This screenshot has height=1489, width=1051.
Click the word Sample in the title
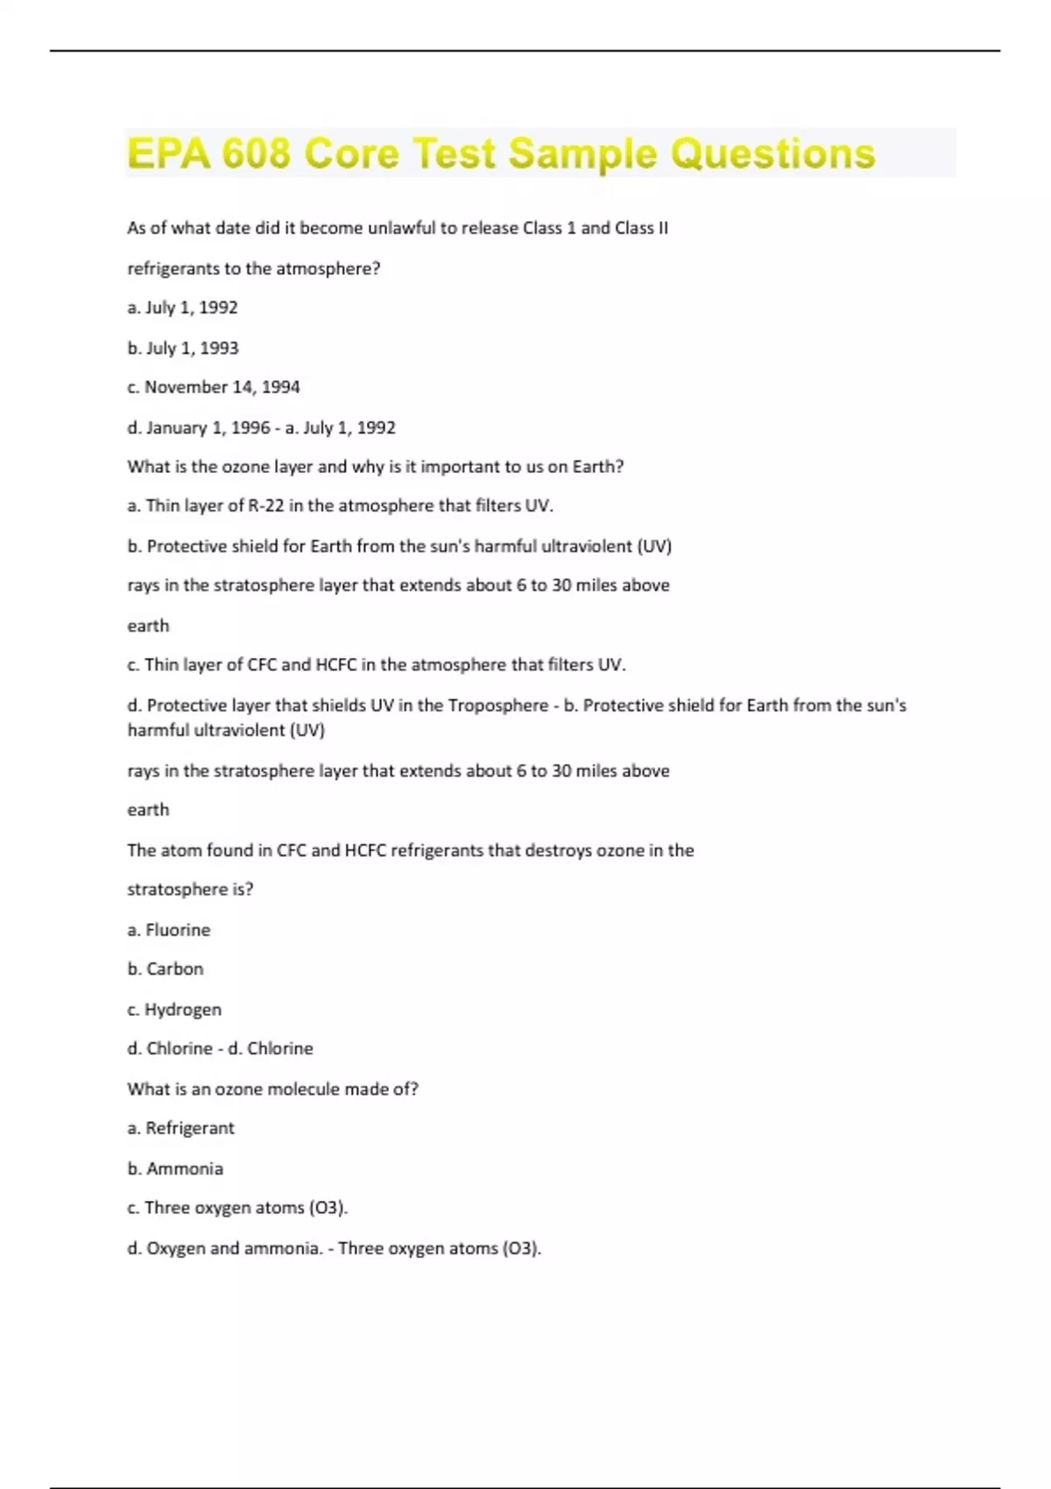click(x=582, y=153)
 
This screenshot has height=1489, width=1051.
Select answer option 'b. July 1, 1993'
click(x=183, y=348)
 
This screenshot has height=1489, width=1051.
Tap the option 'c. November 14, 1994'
click(x=214, y=387)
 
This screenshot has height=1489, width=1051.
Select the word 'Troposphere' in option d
click(x=497, y=705)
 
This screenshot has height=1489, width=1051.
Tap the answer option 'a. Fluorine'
click(x=169, y=929)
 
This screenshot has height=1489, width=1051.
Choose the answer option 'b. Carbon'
click(x=166, y=969)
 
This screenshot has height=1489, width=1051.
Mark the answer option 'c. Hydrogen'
click(x=174, y=1009)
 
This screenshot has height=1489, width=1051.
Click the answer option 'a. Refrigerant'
click(x=180, y=1128)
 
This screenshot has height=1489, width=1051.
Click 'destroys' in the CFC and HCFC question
click(x=558, y=850)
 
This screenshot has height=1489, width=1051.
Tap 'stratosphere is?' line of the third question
click(x=190, y=889)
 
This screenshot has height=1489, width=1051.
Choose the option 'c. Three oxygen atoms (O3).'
click(x=237, y=1208)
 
